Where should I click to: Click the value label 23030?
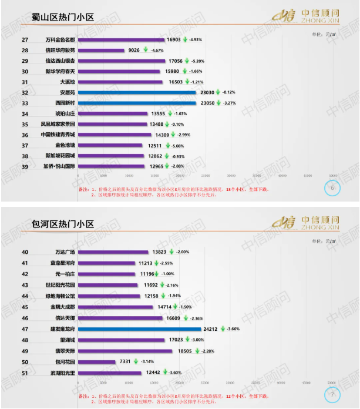tap(205, 92)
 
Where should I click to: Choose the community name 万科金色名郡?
tap(60, 40)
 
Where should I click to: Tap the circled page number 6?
tap(332, 188)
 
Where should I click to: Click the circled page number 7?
tap(332, 394)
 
